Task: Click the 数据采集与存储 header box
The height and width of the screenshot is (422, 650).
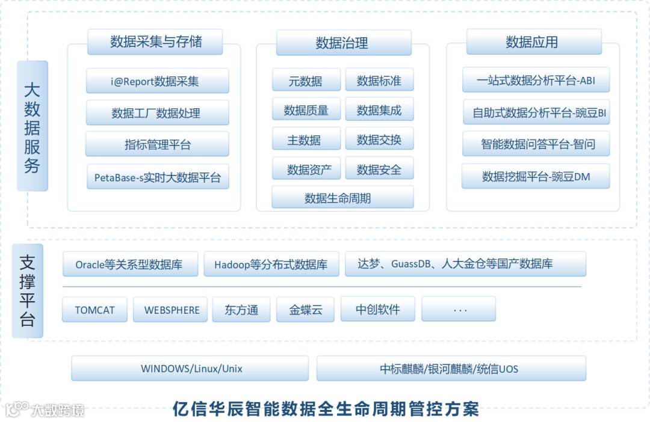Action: pyautogui.click(x=155, y=42)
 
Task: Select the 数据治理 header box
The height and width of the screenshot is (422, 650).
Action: pyautogui.click(x=343, y=43)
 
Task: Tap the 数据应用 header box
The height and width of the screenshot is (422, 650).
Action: pyautogui.click(x=533, y=42)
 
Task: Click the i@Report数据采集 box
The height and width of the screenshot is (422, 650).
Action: pyautogui.click(x=157, y=81)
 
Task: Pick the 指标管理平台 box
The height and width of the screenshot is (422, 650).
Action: pyautogui.click(x=157, y=144)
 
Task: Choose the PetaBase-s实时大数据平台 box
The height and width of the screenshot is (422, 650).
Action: pyautogui.click(x=158, y=177)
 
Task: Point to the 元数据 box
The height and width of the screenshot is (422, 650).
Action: pyautogui.click(x=306, y=81)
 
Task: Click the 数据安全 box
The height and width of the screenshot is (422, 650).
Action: pyautogui.click(x=379, y=170)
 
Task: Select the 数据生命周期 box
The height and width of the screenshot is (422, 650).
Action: pyautogui.click(x=342, y=198)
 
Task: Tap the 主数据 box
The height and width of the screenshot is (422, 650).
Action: pyautogui.click(x=306, y=139)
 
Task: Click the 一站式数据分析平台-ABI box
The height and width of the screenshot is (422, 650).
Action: pyautogui.click(x=536, y=80)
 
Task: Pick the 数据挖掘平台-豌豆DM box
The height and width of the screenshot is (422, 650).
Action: pyautogui.click(x=536, y=176)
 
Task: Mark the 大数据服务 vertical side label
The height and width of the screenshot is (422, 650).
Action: pyautogui.click(x=32, y=126)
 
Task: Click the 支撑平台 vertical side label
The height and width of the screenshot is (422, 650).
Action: pyautogui.click(x=28, y=290)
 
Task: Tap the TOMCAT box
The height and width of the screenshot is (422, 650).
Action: pyautogui.click(x=94, y=310)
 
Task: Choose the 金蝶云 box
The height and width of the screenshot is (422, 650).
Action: pyautogui.click(x=306, y=310)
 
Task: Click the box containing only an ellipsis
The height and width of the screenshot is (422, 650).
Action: pyautogui.click(x=459, y=310)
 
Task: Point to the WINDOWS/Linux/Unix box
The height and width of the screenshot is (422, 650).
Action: pyautogui.click(x=190, y=368)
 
